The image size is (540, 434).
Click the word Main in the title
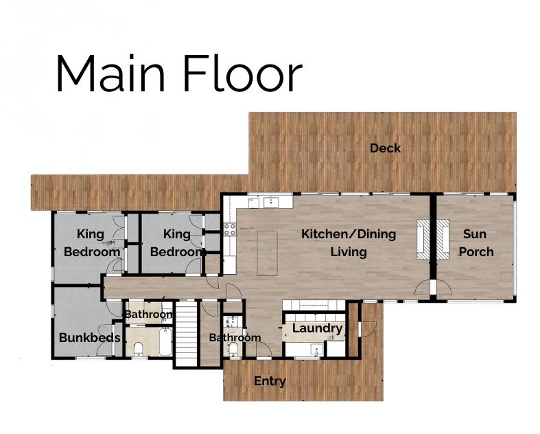tap(110, 73)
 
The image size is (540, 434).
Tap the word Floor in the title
tap(243, 73)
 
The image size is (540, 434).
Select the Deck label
tap(385, 148)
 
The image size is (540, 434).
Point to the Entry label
tap(270, 381)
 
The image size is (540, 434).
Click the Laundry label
tap(317, 328)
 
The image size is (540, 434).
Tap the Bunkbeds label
tap(89, 337)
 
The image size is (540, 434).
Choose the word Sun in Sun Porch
tap(475, 234)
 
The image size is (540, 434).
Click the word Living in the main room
tap(349, 252)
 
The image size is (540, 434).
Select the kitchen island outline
tap(267, 253)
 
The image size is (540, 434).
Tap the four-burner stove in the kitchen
tap(230, 229)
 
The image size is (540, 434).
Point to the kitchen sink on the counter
tap(271, 202)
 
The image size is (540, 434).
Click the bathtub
tap(165, 342)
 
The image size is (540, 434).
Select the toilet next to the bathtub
tap(138, 348)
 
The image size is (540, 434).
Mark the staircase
tap(186, 334)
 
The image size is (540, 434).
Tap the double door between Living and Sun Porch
tap(433, 288)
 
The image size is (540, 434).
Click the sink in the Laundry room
tap(316, 350)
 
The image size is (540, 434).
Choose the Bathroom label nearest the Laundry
tap(235, 337)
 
